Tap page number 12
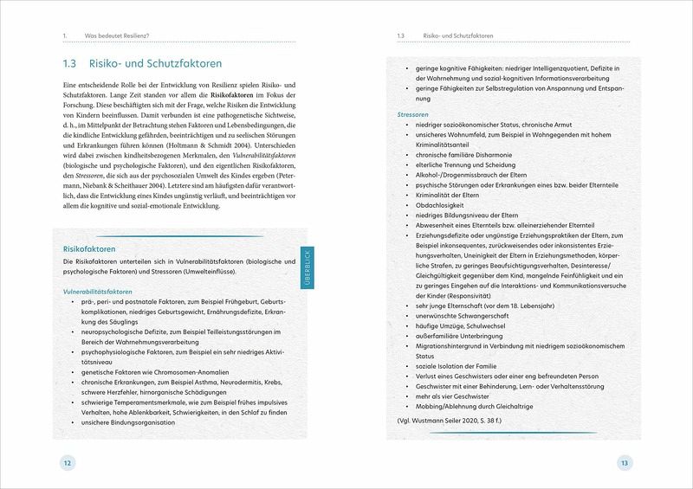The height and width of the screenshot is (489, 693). coord(66,464)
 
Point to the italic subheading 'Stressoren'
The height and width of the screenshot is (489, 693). coord(412,113)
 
